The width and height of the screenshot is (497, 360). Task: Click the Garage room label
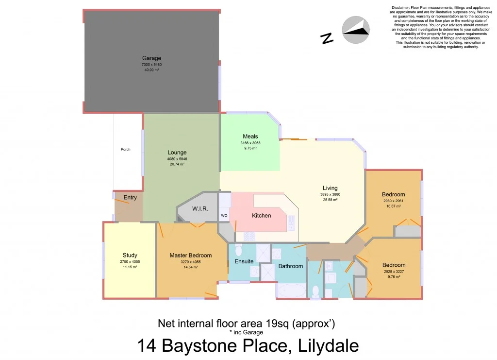pyautogui.click(x=151, y=58)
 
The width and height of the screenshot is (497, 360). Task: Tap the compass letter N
pyautogui.click(x=328, y=38)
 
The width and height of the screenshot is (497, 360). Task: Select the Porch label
pyautogui.click(x=126, y=149)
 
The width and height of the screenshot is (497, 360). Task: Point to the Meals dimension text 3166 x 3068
pyautogui.click(x=250, y=143)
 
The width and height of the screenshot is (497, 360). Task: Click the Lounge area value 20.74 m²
pyautogui.click(x=177, y=164)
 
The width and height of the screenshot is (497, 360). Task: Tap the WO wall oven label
pyautogui.click(x=224, y=215)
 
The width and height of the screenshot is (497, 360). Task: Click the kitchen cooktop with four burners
pyautogui.click(x=249, y=237)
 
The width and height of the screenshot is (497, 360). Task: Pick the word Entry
pyautogui.click(x=130, y=198)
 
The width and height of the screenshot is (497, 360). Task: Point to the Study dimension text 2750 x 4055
pyautogui.click(x=130, y=262)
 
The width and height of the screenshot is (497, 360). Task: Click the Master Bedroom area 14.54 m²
pyautogui.click(x=190, y=267)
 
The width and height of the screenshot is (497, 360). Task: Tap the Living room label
pyautogui.click(x=330, y=188)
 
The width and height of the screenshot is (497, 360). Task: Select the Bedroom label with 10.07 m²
pyautogui.click(x=394, y=195)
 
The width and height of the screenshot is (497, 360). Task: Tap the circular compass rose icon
pyautogui.click(x=356, y=30)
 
